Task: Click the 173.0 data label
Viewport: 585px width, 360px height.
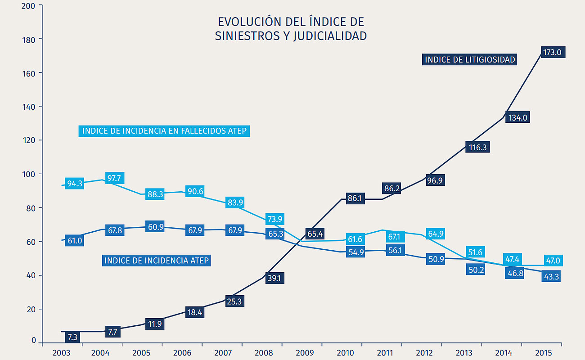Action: [x=552, y=53]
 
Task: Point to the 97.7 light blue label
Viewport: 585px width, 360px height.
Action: [x=115, y=178]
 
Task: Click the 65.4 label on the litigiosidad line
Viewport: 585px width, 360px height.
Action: [x=315, y=234]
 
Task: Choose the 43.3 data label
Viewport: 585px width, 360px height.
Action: [x=551, y=277]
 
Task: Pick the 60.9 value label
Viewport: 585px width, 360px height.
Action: [x=155, y=227]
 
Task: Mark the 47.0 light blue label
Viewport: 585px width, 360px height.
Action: [x=552, y=261]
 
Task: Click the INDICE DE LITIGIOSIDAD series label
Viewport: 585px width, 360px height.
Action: [x=470, y=59]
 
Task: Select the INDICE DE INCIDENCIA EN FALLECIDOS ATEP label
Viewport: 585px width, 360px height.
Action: [x=164, y=131]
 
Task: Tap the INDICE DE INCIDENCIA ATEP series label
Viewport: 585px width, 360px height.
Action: [x=157, y=261]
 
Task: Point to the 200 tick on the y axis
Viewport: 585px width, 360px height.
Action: [x=29, y=5]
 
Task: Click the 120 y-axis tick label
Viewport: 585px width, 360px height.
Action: [x=29, y=140]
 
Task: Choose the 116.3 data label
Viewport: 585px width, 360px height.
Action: [x=477, y=147]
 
